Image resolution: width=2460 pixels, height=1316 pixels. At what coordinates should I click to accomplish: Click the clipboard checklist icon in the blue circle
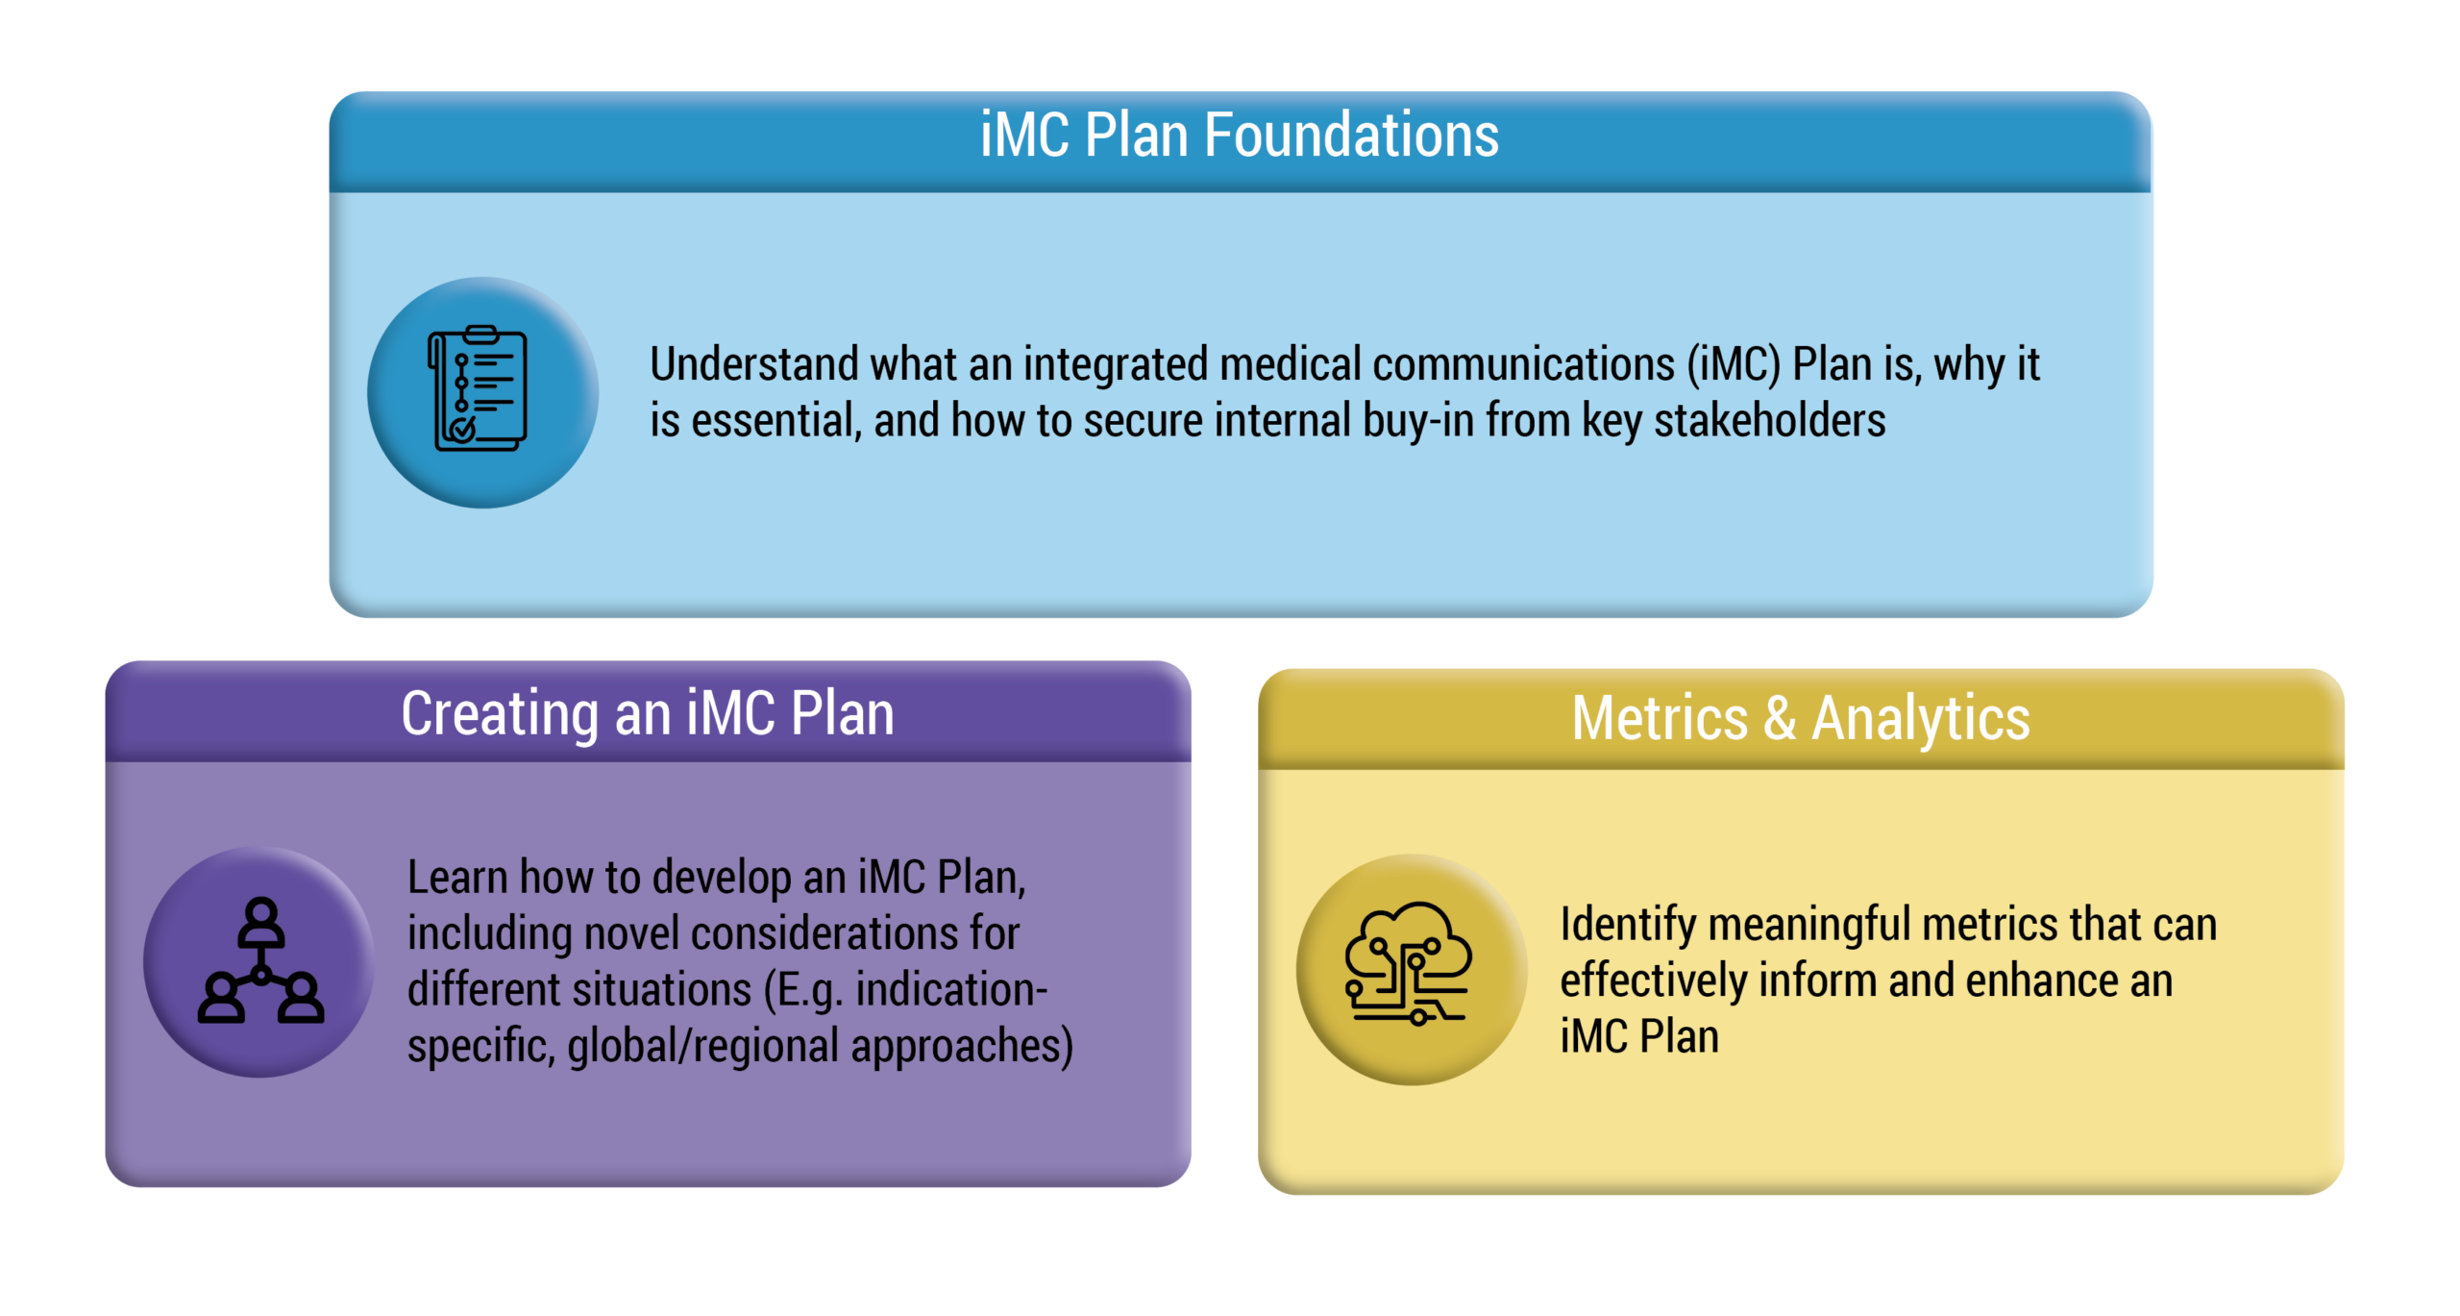coord(478,388)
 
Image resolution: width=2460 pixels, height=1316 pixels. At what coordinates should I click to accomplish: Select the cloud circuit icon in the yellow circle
coord(1408,964)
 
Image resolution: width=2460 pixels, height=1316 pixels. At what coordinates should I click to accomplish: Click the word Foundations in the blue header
coord(1351,135)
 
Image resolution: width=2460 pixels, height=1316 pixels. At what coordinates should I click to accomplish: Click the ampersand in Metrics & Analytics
coord(1780,718)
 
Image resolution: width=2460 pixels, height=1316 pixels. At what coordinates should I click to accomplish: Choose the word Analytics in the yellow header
coord(1921,720)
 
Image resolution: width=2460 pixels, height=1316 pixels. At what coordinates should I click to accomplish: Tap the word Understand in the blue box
coord(754,364)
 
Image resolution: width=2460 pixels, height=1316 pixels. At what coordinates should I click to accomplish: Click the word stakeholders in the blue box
coord(1770,421)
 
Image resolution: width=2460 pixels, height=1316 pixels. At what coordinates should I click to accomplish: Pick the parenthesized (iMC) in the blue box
coord(1734,365)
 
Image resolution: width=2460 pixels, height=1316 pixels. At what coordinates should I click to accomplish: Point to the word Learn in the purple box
coord(457,878)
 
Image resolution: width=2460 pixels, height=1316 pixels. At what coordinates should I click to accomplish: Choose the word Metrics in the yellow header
coord(1660,718)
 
